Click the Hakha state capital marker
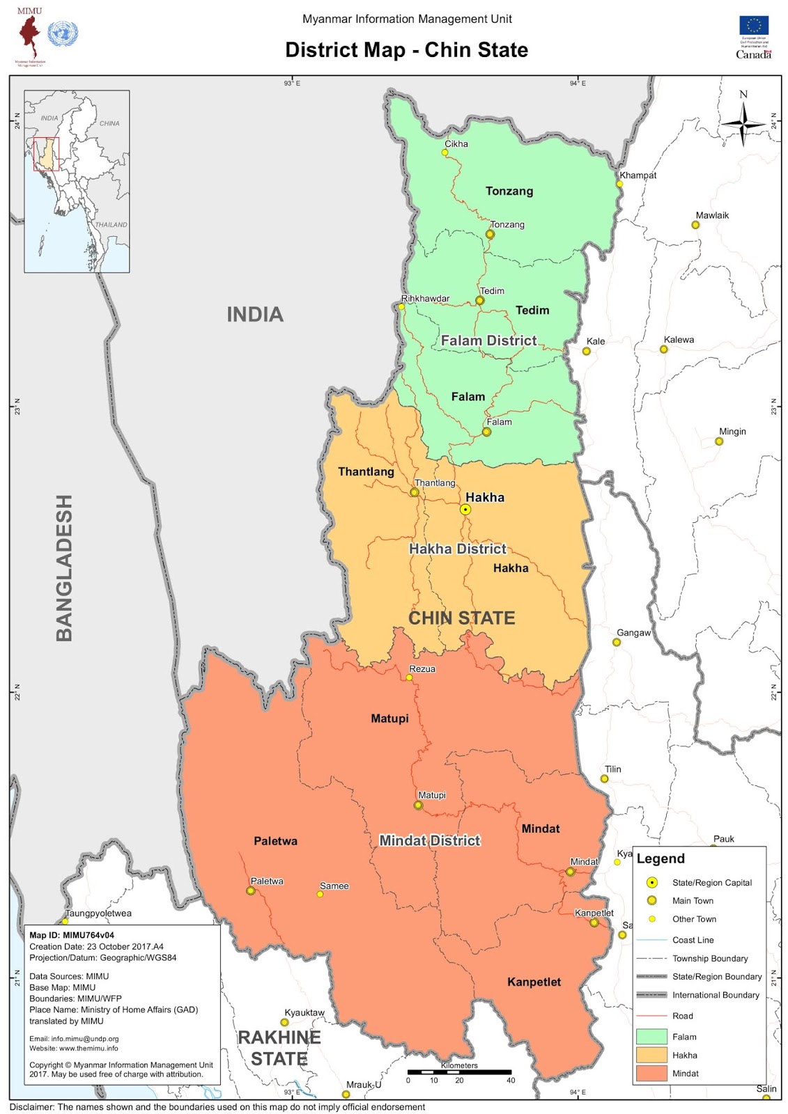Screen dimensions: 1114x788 tap(465, 510)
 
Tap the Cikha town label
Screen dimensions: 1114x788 tap(456, 144)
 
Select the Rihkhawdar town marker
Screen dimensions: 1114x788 tap(401, 306)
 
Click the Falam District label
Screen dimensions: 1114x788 tap(488, 340)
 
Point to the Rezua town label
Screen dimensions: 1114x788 tap(422, 669)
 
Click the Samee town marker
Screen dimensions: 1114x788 tap(320, 894)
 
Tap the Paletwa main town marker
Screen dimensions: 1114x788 tap(251, 891)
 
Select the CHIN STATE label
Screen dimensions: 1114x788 tap(461, 618)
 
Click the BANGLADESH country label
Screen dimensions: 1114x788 tap(64, 567)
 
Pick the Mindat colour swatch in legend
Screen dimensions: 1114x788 tap(651, 1073)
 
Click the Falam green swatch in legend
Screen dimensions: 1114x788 tap(651, 1037)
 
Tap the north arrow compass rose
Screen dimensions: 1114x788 tap(743, 123)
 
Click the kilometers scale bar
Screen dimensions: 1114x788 tap(459, 1072)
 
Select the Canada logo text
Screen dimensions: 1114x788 tap(753, 54)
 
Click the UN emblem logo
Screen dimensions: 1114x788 tap(63, 33)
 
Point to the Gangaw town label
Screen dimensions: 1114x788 tap(633, 633)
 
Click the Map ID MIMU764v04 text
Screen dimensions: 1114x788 tap(72, 935)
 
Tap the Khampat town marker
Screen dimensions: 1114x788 tap(619, 184)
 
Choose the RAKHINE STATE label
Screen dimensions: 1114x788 tap(279, 1048)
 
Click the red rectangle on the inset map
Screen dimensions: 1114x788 tap(47, 154)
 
